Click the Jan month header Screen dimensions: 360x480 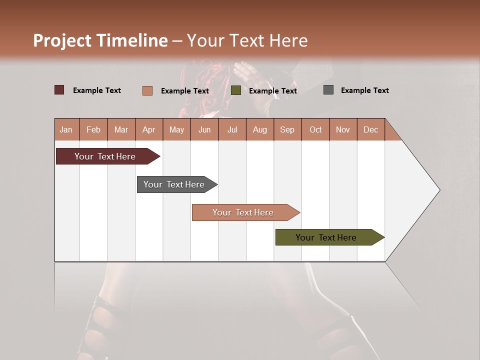pyautogui.click(x=66, y=129)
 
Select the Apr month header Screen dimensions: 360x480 pyautogui.click(x=148, y=129)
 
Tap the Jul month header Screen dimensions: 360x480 pyautogui.click(x=232, y=129)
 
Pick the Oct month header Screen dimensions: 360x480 pyautogui.click(x=315, y=129)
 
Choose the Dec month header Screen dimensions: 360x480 pyautogui.click(x=370, y=129)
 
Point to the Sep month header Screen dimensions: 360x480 pyautogui.click(x=287, y=129)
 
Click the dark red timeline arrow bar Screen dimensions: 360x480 pyautogui.click(x=105, y=156)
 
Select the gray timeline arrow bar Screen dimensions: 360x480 pyautogui.click(x=174, y=184)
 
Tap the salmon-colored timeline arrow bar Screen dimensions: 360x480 pyautogui.click(x=243, y=212)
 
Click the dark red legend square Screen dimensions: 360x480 pyautogui.click(x=59, y=90)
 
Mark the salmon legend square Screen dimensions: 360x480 pyautogui.click(x=147, y=90)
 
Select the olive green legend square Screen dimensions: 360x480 pyautogui.click(x=236, y=90)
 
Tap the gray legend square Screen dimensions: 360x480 pyautogui.click(x=328, y=90)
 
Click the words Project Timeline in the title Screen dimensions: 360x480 pyautogui.click(x=100, y=40)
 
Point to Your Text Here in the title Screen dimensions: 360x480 pyautogui.click(x=247, y=40)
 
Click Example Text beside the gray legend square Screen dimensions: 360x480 pyautogui.click(x=364, y=90)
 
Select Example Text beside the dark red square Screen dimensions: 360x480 pyautogui.click(x=97, y=90)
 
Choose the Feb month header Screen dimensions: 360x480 pyautogui.click(x=93, y=129)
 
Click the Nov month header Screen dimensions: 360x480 pyautogui.click(x=342, y=129)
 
